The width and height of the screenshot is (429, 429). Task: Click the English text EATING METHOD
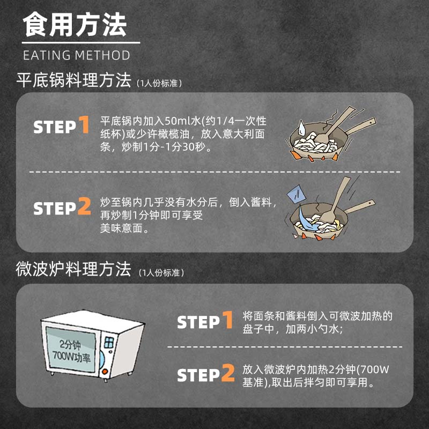76,55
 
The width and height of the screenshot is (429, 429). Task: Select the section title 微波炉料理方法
73,270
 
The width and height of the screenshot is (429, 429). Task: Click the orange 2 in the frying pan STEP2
84,206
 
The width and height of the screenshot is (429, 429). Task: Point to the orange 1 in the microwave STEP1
228,320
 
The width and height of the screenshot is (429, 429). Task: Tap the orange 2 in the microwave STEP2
228,373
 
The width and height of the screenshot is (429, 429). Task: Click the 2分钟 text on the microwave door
70,344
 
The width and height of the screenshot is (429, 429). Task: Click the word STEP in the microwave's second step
198,375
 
